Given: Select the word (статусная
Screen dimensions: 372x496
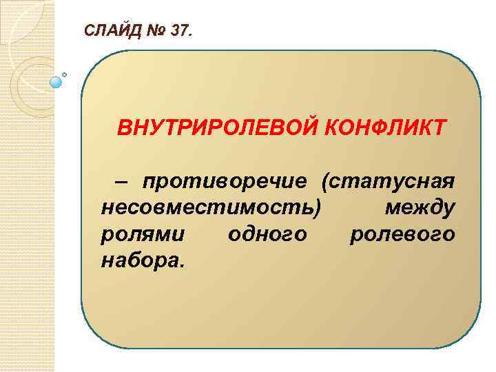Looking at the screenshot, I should pos(386,182).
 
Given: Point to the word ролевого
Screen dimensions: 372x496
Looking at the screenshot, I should pos(402,234).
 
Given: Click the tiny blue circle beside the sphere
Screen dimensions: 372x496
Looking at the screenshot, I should pos(65,74).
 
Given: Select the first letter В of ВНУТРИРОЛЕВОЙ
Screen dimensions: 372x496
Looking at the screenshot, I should pos(125,128).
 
